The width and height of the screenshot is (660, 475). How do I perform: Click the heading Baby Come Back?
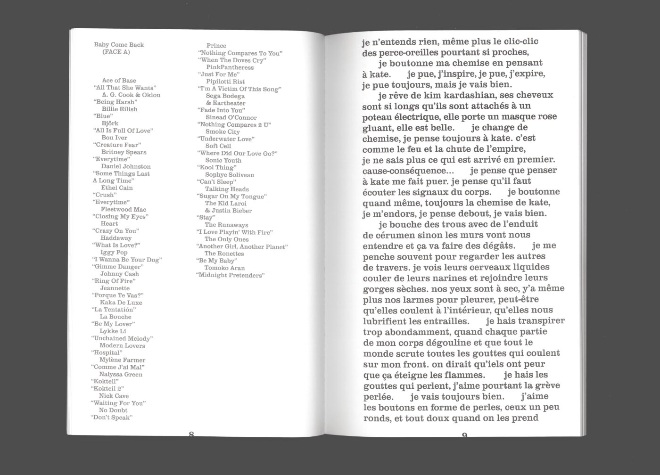[x=119, y=45]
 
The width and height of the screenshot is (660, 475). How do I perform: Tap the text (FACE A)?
[x=115, y=52]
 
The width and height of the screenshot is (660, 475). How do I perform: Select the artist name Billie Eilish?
[x=119, y=109]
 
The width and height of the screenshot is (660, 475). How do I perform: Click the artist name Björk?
[x=110, y=123]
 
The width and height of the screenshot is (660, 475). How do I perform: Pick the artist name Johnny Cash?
[x=119, y=274]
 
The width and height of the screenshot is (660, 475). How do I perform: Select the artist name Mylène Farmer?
[x=122, y=360]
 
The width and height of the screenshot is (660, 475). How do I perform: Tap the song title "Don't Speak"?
[x=111, y=417]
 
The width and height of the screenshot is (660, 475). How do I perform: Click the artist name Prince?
[x=216, y=46]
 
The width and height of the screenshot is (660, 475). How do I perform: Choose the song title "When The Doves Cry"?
[x=231, y=60]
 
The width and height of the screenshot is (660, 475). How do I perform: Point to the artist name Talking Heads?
[x=227, y=189]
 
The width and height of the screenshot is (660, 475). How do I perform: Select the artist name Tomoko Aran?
[x=224, y=268]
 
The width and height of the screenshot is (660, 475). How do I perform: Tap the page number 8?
[x=191, y=434]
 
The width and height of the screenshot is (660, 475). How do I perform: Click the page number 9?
[x=464, y=435]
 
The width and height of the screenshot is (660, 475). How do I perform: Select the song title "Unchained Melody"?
[x=122, y=338]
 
